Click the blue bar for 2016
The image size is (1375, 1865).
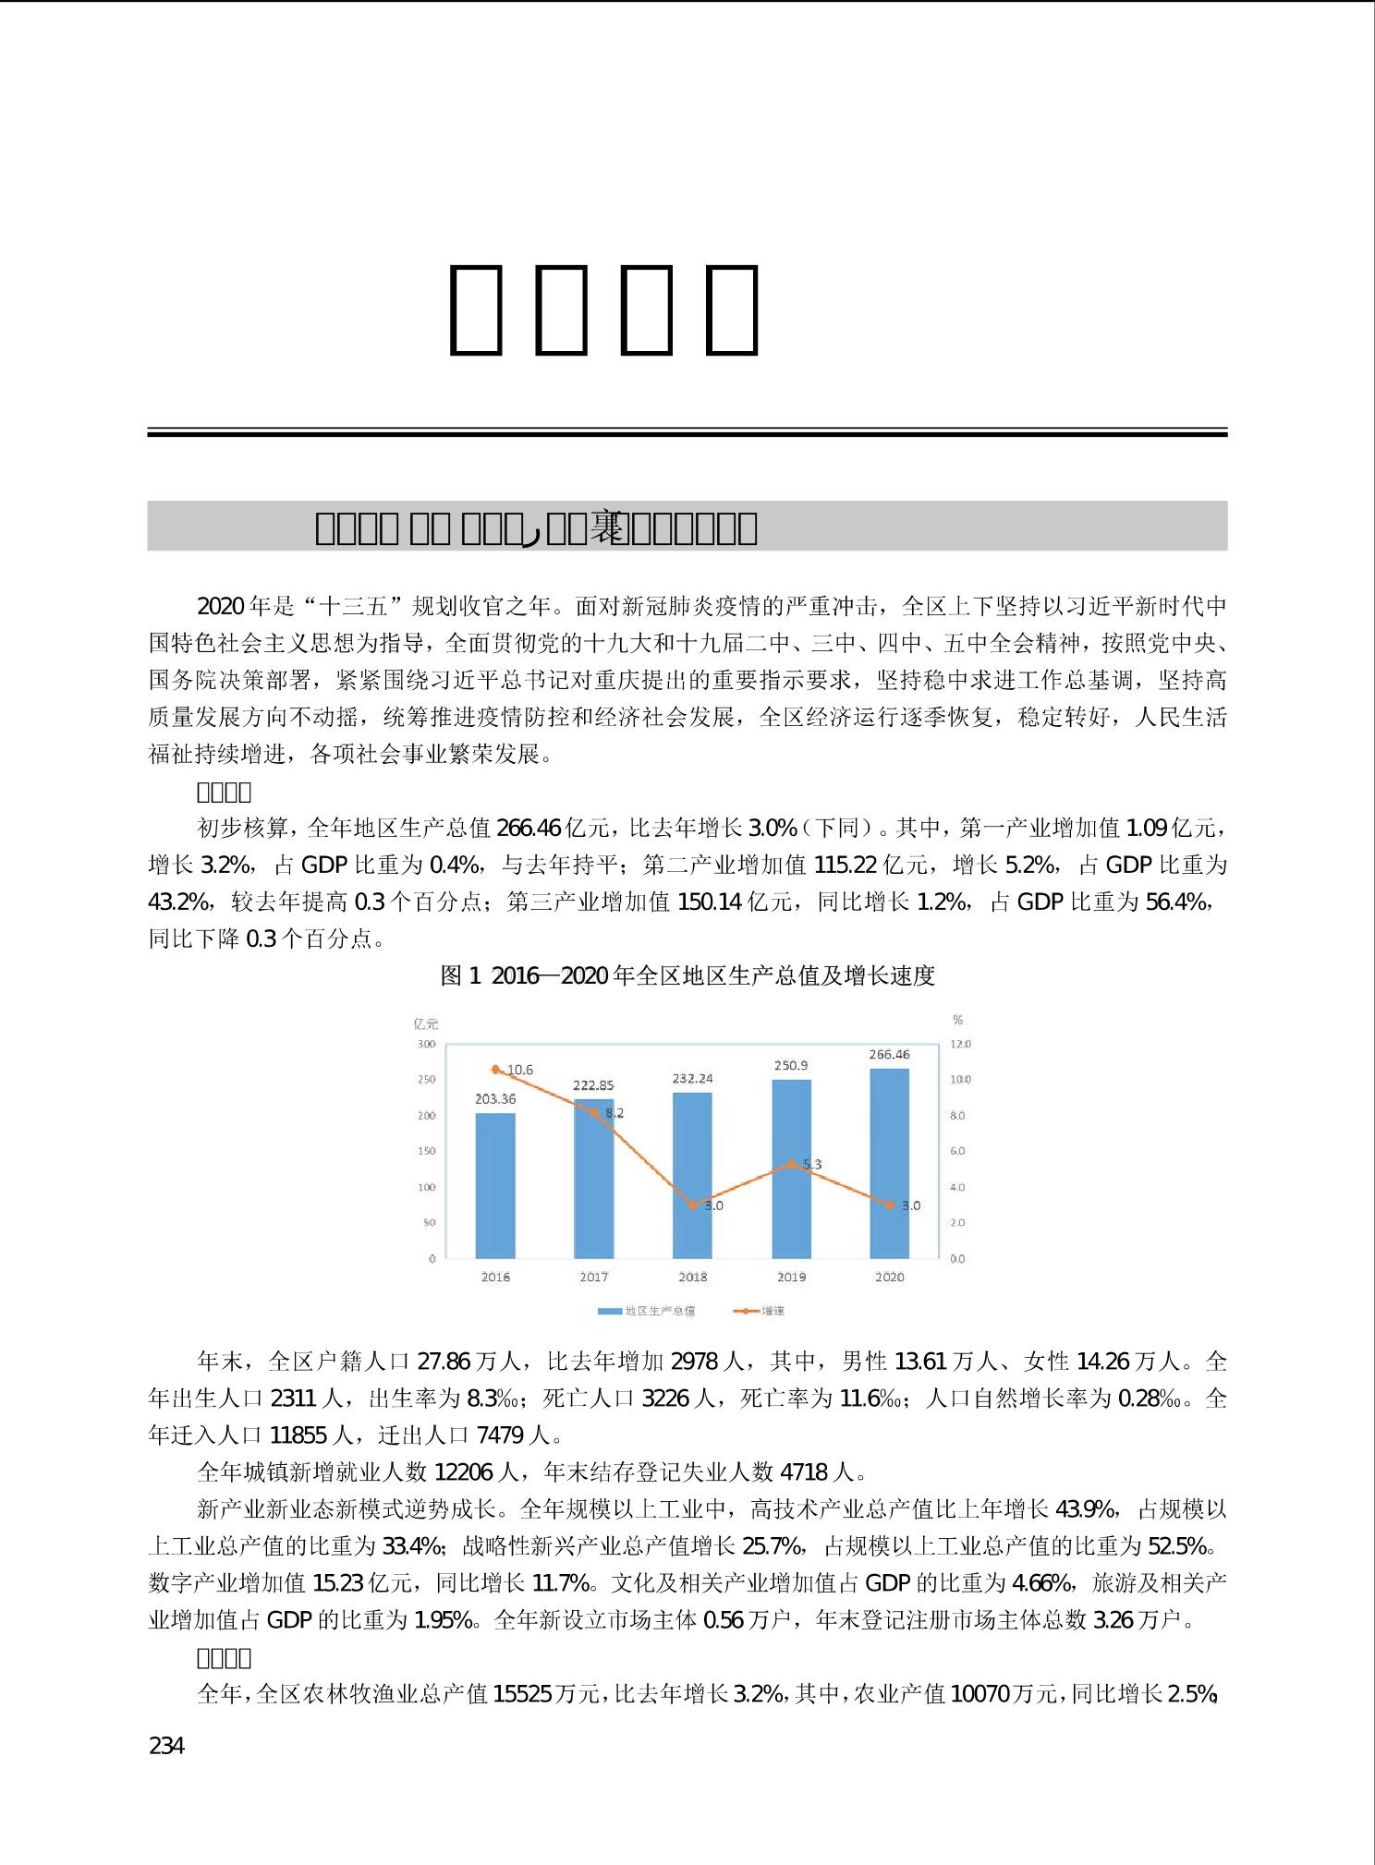tap(495, 1185)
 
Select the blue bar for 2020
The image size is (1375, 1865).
tap(889, 1163)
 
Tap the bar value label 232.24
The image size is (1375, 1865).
tap(693, 1078)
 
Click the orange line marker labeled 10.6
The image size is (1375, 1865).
tap(496, 1069)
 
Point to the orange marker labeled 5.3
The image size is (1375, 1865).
tap(791, 1164)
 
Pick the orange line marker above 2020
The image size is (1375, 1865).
tap(890, 1205)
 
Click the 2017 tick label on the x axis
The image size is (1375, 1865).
tap(594, 1277)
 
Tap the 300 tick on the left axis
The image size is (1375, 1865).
tap(426, 1044)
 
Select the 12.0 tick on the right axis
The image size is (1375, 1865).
tap(961, 1044)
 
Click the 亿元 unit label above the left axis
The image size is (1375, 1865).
tap(426, 1023)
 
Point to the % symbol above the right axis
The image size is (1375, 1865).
tap(957, 1020)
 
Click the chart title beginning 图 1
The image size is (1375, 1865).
tap(687, 975)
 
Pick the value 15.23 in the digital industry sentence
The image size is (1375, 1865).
tap(336, 1583)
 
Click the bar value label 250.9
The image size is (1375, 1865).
tap(792, 1065)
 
